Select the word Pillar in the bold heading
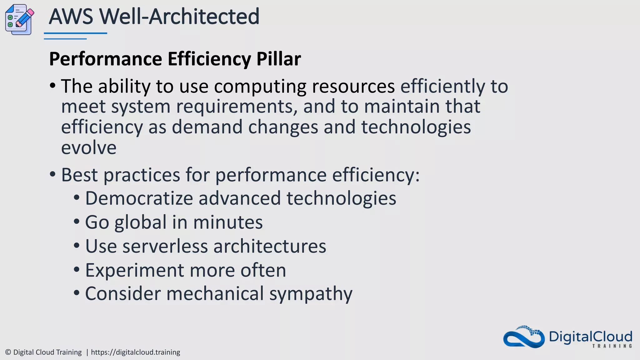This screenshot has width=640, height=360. click(278, 59)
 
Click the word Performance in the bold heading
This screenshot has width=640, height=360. click(106, 59)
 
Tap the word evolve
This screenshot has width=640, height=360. click(89, 147)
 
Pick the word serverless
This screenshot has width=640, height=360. click(165, 246)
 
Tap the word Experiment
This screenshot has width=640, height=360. click(134, 270)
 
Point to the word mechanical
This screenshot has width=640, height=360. click(215, 294)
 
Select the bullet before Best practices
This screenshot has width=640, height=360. click(52, 174)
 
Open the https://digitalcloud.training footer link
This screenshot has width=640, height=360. click(135, 352)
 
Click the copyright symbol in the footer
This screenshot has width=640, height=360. click(8, 352)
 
